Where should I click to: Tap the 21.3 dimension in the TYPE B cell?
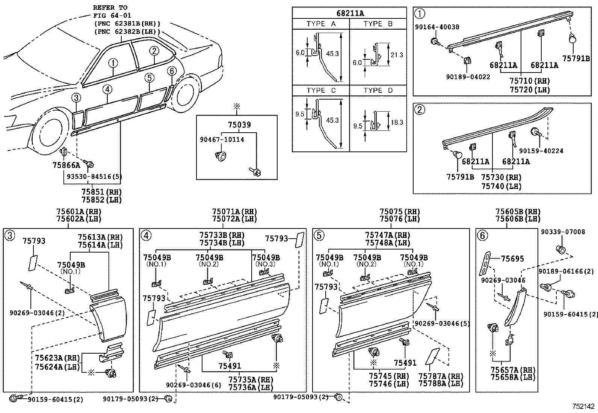click(x=397, y=55)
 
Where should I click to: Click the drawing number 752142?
click(x=583, y=406)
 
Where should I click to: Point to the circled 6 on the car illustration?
click(x=171, y=71)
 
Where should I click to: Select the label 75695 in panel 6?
click(x=512, y=259)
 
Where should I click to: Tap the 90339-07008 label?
click(x=563, y=232)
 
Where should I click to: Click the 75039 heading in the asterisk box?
click(x=239, y=125)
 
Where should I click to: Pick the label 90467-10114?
click(x=222, y=139)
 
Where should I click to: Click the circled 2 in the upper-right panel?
click(x=420, y=109)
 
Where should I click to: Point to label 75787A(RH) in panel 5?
click(x=441, y=376)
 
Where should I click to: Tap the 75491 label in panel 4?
click(x=230, y=366)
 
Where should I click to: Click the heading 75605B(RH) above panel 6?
click(x=518, y=212)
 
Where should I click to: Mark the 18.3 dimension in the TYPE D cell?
click(x=397, y=122)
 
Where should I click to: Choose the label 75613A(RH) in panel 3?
click(x=100, y=237)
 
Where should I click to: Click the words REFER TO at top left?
click(x=110, y=8)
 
